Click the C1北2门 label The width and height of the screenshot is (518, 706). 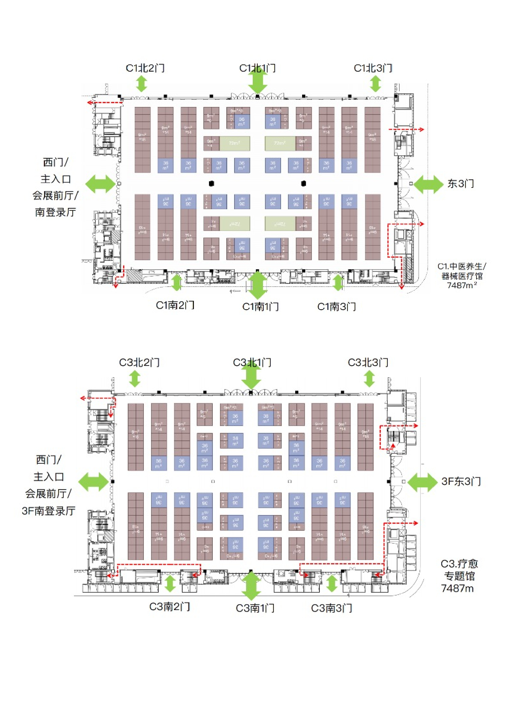145,68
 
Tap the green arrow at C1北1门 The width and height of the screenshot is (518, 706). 257,81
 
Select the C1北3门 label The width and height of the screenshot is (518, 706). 373,68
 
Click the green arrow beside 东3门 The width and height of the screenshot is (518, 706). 428,184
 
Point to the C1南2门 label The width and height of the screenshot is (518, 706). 175,305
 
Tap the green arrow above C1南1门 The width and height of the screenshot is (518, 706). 257,285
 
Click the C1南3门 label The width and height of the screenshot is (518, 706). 336,306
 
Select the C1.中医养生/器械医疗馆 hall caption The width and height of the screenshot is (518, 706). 462,276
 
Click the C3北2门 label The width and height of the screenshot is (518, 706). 139,362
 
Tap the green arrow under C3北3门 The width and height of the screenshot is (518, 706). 369,379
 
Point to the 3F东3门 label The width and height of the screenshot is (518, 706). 461,481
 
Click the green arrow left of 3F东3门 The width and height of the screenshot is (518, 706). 423,482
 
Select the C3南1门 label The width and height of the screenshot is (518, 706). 255,608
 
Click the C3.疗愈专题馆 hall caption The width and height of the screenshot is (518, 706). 459,576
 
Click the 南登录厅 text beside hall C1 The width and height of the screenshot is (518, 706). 55,212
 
